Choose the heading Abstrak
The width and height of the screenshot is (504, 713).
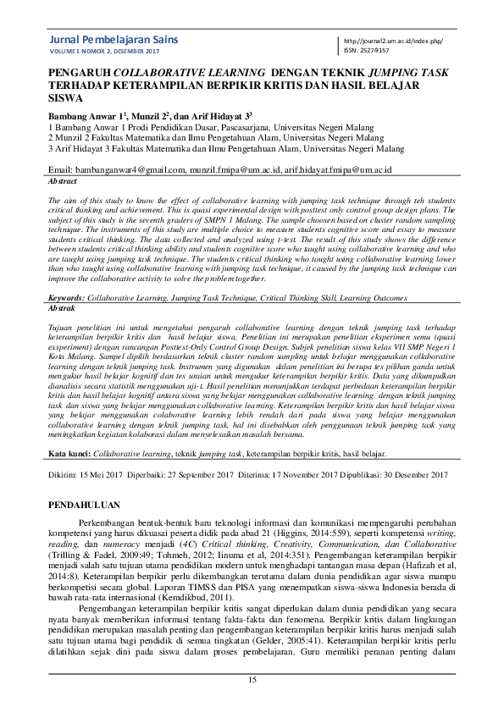coord(64,310)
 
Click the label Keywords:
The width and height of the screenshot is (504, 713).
coord(66,299)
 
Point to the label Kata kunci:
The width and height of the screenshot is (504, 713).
coord(69,454)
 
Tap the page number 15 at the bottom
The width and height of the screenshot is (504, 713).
coord(252,681)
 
